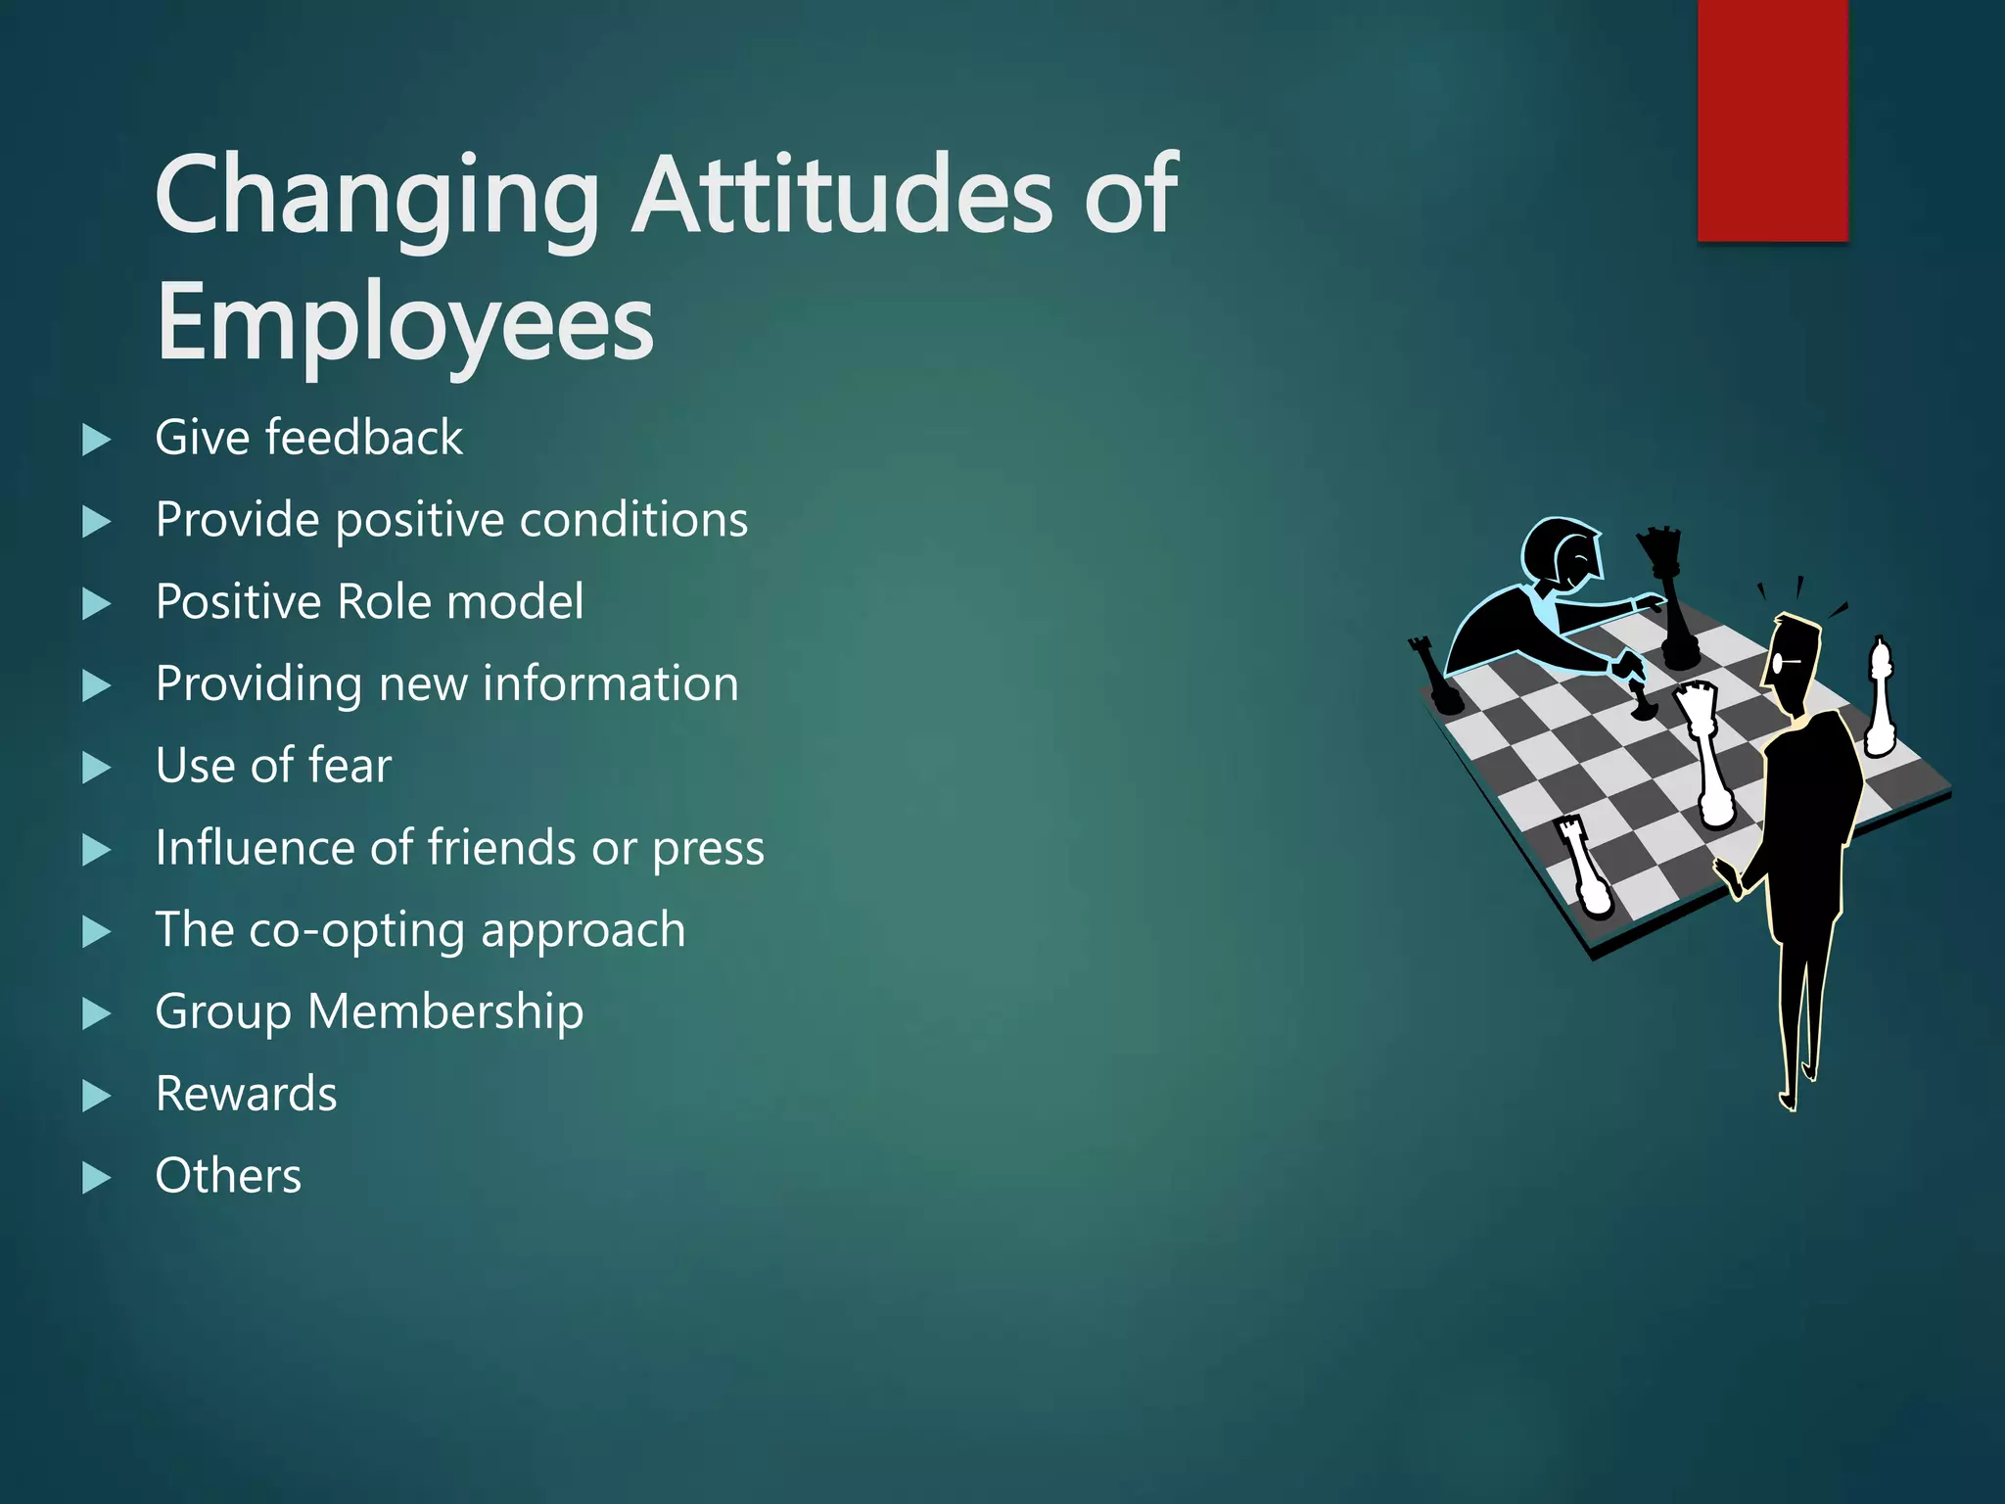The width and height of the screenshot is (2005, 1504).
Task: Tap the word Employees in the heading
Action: [x=404, y=323]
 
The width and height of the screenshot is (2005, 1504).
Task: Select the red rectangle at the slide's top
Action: [x=1772, y=119]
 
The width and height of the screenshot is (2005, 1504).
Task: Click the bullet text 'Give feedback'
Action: [x=308, y=438]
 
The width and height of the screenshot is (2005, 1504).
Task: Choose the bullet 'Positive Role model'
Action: [x=369, y=601]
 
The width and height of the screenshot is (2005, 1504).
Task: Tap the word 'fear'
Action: [x=350, y=766]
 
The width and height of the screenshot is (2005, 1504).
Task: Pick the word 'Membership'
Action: [x=445, y=1011]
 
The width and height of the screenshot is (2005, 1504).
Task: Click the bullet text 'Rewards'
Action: [x=246, y=1094]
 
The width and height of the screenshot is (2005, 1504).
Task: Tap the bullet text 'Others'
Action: [x=228, y=1176]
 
